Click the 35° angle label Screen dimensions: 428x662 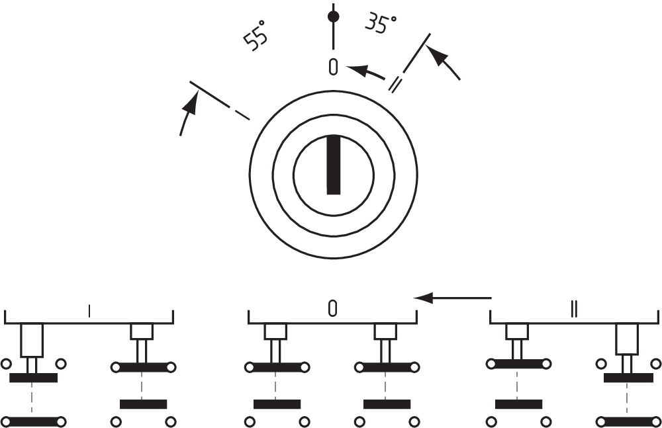click(x=381, y=24)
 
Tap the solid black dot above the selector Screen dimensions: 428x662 click(x=334, y=15)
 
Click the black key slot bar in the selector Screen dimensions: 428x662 click(x=334, y=165)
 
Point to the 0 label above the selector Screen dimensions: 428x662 click(x=334, y=66)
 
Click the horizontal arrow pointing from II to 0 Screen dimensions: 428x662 click(x=453, y=298)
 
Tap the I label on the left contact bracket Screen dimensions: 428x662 click(x=89, y=309)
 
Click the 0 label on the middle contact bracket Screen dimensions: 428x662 click(x=333, y=308)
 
